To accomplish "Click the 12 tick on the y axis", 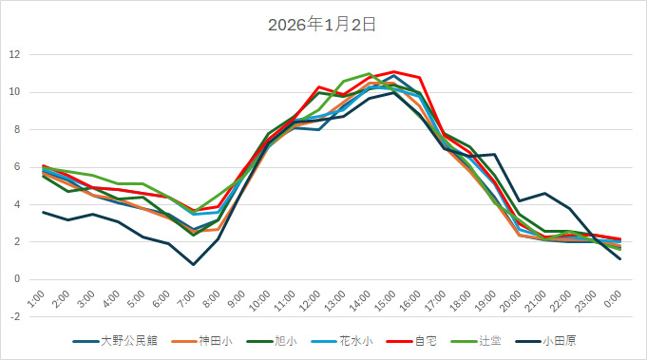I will (x=15, y=54).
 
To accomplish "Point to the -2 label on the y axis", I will (x=15, y=316).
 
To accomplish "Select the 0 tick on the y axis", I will (x=17, y=279).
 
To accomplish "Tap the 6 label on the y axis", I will (x=17, y=166).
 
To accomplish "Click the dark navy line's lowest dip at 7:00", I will (x=194, y=264).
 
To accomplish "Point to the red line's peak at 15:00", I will (x=394, y=71).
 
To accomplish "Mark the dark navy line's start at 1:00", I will (x=43, y=212).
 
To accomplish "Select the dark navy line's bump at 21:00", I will (x=544, y=193).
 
